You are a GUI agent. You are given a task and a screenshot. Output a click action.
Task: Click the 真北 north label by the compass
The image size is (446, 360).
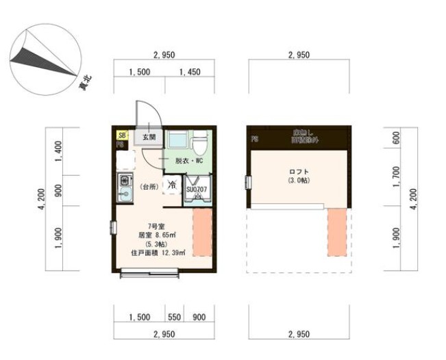pyautogui.click(x=86, y=84)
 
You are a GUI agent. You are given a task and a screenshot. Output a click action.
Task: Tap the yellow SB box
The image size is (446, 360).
pyautogui.click(x=122, y=136)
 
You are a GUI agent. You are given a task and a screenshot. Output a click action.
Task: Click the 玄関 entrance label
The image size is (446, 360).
pyautogui.click(x=149, y=137)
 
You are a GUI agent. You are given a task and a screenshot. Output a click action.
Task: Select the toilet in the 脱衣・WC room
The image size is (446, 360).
pyautogui.click(x=199, y=144)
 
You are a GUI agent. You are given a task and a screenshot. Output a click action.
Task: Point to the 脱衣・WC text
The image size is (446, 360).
pyautogui.click(x=188, y=161)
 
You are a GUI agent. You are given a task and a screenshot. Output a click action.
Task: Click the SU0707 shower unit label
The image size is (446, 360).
pyautogui.click(x=197, y=188)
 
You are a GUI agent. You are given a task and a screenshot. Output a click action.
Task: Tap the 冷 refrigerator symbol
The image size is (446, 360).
pyautogui.click(x=171, y=185)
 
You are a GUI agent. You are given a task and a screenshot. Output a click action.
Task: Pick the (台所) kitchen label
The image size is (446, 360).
pyautogui.click(x=149, y=186)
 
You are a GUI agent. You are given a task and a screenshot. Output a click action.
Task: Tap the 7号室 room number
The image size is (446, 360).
pyautogui.click(x=156, y=225)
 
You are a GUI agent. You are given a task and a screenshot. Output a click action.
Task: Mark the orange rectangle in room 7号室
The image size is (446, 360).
pyautogui.click(x=203, y=233)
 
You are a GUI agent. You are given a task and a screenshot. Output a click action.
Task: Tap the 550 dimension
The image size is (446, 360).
pyautogui.click(x=175, y=318)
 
